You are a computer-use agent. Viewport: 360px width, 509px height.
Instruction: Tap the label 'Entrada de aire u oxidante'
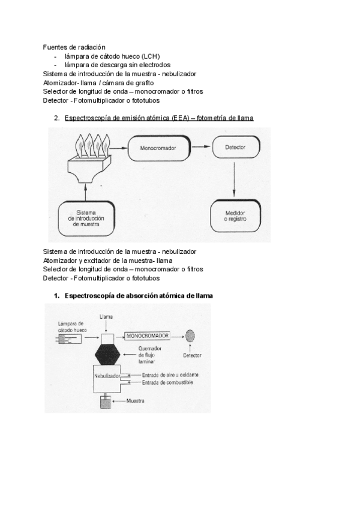[170, 375]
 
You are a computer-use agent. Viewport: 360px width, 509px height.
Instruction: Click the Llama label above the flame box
[106, 316]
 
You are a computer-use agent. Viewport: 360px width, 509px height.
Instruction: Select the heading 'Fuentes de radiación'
[74, 47]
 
